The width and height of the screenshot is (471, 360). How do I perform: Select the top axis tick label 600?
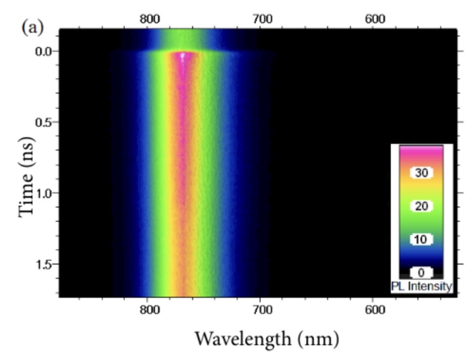click(x=375, y=19)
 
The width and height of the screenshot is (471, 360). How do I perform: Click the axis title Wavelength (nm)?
click(x=266, y=337)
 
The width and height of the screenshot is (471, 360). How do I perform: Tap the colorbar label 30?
click(x=421, y=173)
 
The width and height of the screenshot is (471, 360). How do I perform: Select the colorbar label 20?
click(x=421, y=206)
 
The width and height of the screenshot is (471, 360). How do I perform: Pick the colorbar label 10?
click(x=421, y=239)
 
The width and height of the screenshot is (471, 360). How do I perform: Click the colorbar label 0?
click(x=421, y=273)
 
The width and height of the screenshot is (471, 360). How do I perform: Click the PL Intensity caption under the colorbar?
click(x=421, y=287)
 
